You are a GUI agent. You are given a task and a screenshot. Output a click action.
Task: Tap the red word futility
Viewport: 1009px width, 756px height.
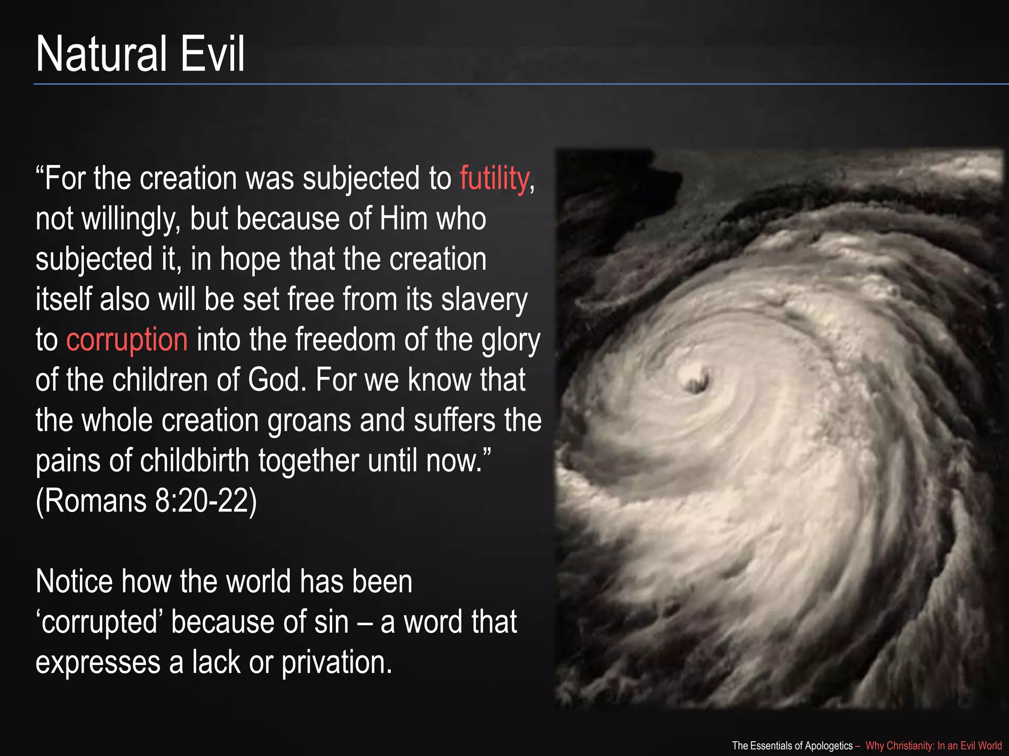click(x=494, y=178)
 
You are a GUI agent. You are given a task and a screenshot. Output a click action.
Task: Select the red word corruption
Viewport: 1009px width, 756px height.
click(x=127, y=340)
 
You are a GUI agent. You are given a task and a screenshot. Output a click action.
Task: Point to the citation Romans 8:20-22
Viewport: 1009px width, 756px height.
click(x=146, y=502)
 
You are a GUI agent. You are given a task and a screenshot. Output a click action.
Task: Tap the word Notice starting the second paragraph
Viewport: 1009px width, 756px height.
click(x=74, y=582)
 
